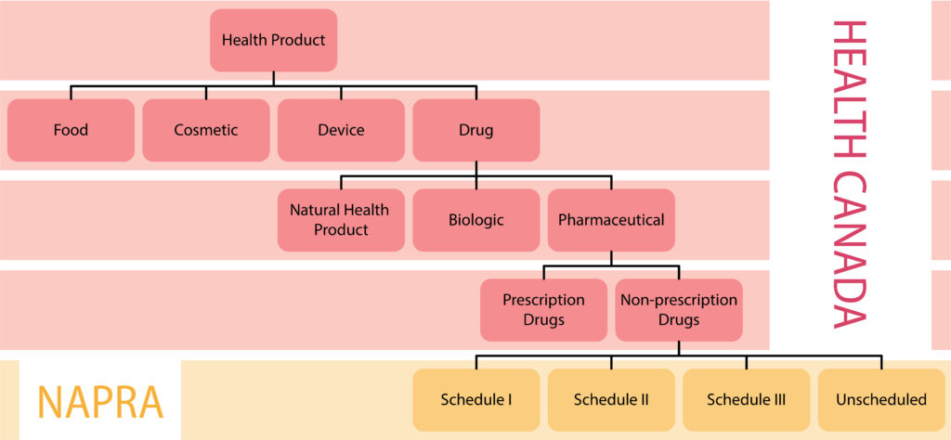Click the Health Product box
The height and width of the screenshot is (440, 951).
click(273, 40)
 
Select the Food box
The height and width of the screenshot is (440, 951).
click(71, 130)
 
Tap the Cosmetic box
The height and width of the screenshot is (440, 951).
click(205, 130)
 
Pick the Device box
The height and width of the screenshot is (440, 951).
click(341, 130)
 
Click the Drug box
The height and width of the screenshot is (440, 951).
click(475, 130)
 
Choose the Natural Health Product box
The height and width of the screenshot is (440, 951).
click(341, 220)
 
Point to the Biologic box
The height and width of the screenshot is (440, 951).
click(475, 220)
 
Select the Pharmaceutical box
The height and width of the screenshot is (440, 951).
click(611, 220)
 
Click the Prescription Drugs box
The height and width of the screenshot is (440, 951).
click(543, 310)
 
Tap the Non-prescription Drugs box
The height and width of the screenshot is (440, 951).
click(678, 310)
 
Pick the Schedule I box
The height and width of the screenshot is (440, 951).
click(475, 400)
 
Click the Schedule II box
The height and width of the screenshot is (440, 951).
click(611, 400)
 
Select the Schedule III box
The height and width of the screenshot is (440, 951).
click(746, 400)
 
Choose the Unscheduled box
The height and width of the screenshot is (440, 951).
click(881, 400)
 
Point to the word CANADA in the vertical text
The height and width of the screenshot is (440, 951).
click(849, 245)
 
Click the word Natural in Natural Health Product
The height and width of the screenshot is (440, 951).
click(315, 210)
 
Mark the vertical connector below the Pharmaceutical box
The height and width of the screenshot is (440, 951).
click(611, 259)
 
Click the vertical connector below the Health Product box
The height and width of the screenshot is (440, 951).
click(273, 79)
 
